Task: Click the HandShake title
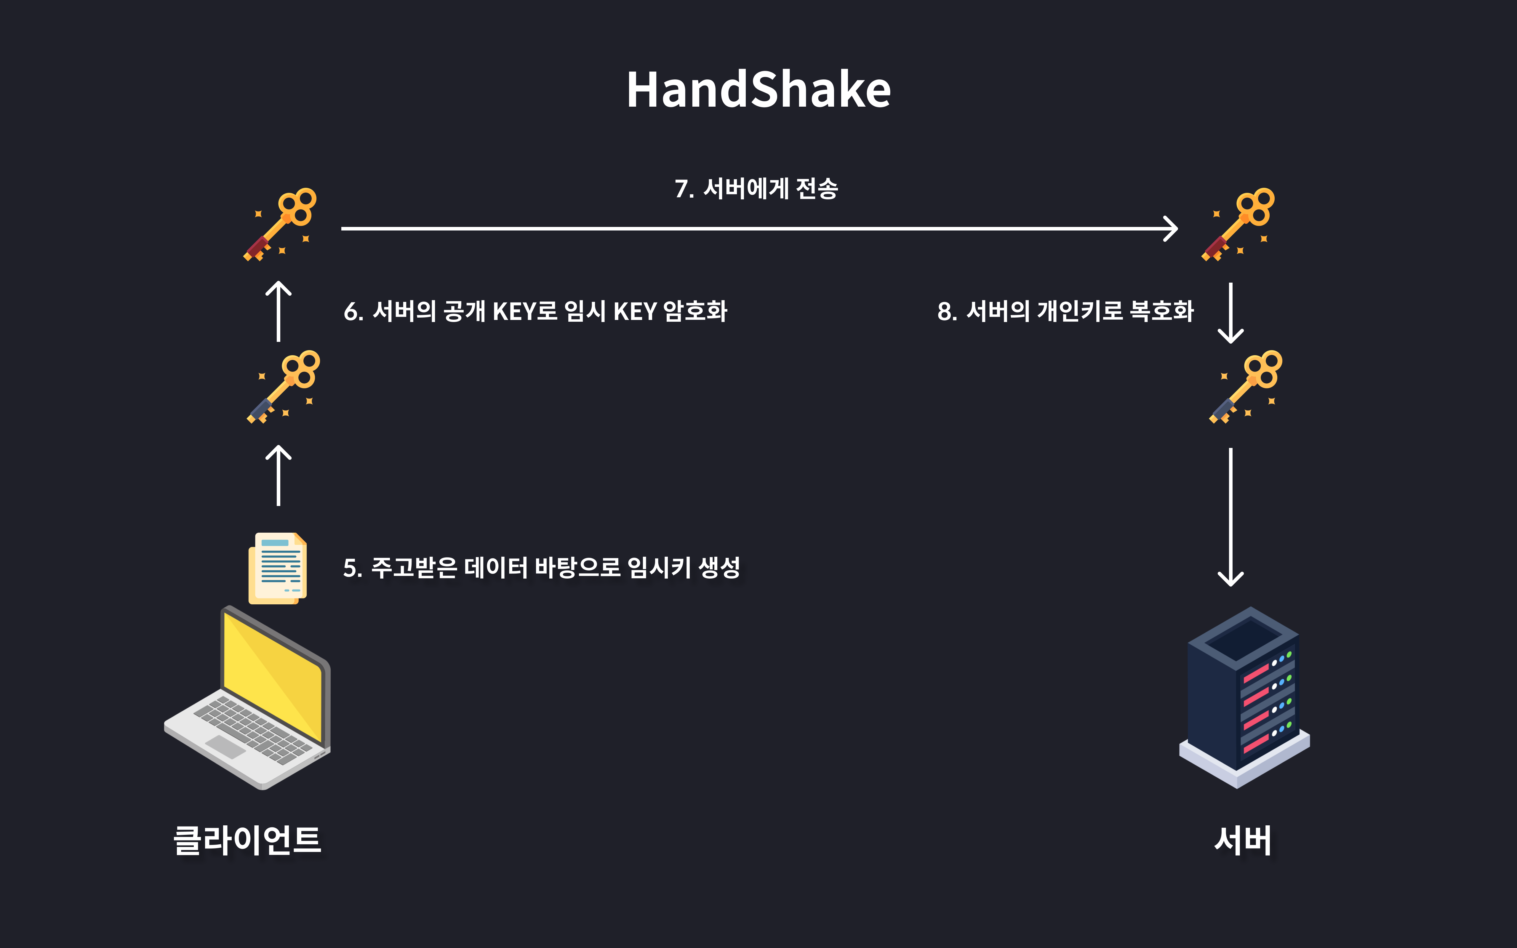[x=758, y=90]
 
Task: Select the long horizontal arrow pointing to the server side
[x=758, y=229]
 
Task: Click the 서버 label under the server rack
[x=1243, y=840]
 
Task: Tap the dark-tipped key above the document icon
[x=283, y=387]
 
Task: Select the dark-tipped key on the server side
[x=1246, y=387]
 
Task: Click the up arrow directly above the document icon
[x=278, y=475]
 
